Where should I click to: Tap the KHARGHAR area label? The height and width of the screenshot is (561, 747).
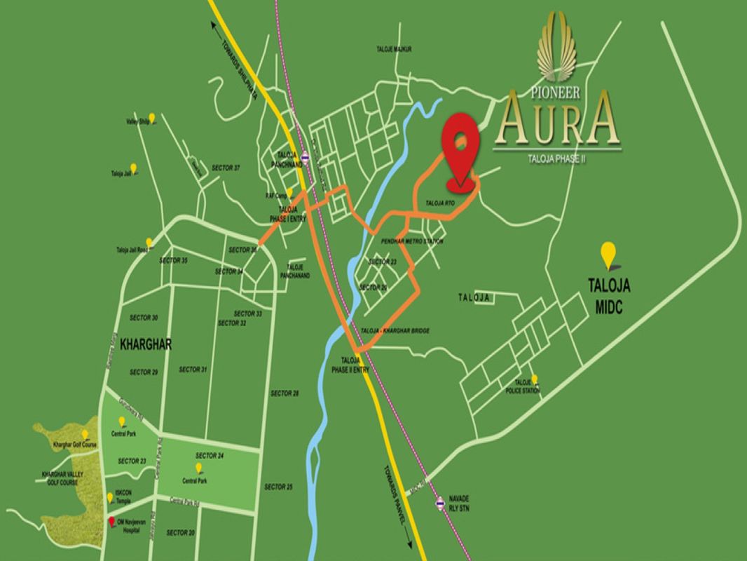146,345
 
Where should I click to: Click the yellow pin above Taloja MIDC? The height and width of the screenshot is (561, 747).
608,253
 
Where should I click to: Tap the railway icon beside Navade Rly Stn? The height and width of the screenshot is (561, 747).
440,502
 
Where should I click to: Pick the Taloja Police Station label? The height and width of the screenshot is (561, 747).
523,386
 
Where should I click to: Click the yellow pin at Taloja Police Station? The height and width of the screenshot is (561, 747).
535,378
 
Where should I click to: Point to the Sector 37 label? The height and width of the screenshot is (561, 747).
226,168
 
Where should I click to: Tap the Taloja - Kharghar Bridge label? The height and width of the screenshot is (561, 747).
394,330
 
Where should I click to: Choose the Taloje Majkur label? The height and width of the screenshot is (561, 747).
393,49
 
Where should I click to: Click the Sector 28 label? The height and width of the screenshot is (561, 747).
286,393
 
